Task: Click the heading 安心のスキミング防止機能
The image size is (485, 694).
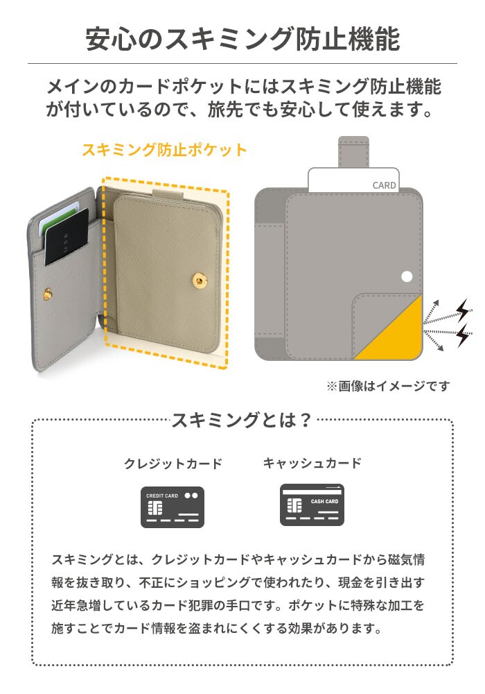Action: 242,39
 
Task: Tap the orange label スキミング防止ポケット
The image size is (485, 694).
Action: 164,150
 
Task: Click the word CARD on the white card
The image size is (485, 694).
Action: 385,185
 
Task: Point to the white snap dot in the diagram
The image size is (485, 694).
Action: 407,277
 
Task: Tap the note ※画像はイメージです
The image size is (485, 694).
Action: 388,386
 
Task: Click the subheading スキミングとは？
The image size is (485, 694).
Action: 242,419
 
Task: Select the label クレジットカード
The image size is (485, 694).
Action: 173,464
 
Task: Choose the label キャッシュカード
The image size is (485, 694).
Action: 312,464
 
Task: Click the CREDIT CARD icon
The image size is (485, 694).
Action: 173,507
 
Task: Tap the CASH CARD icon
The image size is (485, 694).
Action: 312,505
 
